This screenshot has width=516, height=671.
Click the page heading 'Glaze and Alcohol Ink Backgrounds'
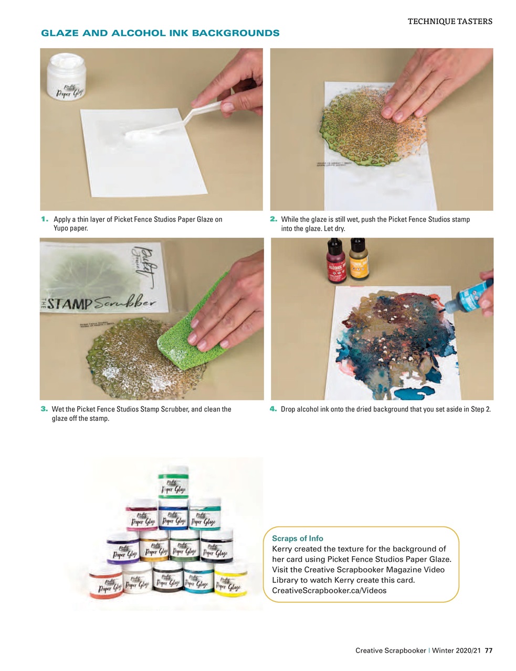160,33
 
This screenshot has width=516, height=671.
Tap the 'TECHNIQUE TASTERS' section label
450,21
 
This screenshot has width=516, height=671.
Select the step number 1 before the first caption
45,219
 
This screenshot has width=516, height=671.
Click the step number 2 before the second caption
273,219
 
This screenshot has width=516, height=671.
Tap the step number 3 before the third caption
45,409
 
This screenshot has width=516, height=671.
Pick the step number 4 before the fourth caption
273,409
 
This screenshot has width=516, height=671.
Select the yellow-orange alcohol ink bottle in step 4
358,259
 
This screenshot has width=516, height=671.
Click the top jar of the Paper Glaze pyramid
173,481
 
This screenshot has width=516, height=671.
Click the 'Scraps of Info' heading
298,538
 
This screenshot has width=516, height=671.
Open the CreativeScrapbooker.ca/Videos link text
329,591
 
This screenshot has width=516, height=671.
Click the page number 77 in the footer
489,651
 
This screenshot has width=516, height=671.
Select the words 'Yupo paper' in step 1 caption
71,229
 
